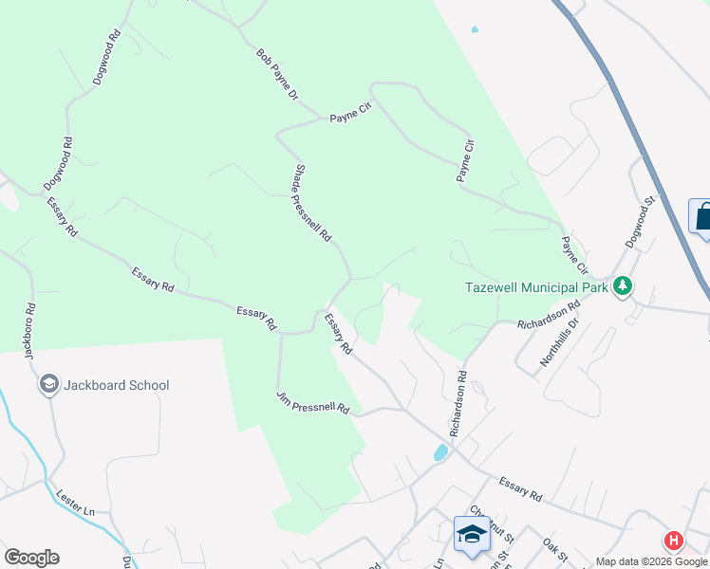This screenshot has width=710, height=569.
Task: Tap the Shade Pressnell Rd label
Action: [311, 201]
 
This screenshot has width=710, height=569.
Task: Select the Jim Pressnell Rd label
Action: [313, 403]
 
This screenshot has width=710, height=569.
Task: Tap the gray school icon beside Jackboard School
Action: [47, 384]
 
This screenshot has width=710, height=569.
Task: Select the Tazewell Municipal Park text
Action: [537, 286]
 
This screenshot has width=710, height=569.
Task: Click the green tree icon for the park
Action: [623, 285]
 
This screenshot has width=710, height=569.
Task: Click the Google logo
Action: [31, 558]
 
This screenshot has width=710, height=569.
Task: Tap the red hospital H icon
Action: [674, 541]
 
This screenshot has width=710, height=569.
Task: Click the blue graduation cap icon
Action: [472, 533]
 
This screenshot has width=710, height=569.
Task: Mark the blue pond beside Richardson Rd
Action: [441, 451]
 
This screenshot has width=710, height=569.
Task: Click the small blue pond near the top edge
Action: [475, 29]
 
